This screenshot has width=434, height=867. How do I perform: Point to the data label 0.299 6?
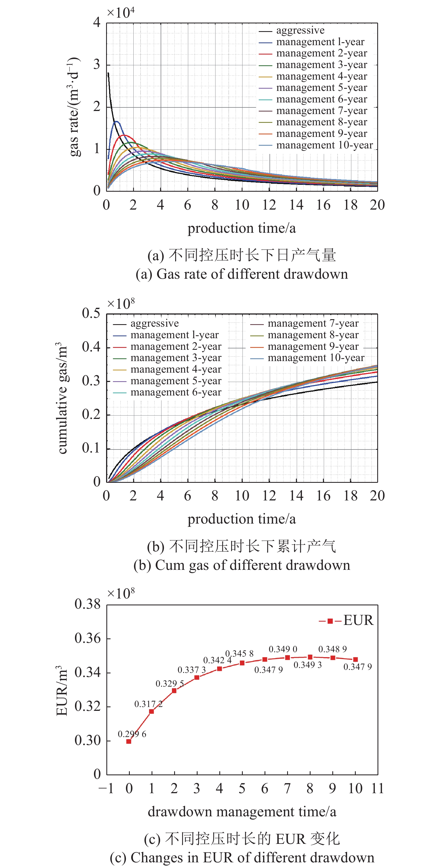click(x=132, y=734)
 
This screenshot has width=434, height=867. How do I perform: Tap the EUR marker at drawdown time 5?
click(x=242, y=663)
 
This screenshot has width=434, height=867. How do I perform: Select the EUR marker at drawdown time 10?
click(x=355, y=660)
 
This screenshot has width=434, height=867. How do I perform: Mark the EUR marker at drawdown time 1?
click(x=152, y=711)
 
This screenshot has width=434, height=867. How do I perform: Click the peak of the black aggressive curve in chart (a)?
click(x=108, y=73)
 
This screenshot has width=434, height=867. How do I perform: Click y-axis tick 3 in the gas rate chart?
click(x=97, y=65)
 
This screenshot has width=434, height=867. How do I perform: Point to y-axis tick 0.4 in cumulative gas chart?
click(x=91, y=347)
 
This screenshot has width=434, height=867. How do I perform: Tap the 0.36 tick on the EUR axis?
click(x=88, y=638)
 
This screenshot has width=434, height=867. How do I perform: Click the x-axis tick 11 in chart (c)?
click(x=378, y=789)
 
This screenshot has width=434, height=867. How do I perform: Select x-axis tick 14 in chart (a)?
click(x=296, y=205)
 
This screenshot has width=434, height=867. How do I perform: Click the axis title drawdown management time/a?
click(x=242, y=812)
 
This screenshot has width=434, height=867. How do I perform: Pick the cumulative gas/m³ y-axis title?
click(x=63, y=398)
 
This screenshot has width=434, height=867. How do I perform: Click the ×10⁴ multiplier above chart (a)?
click(x=120, y=13)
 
